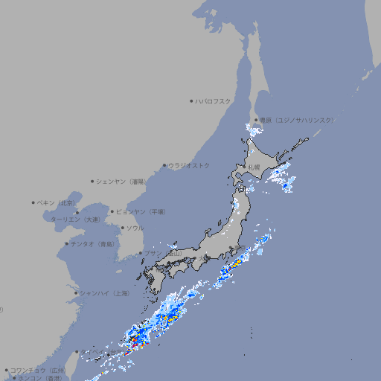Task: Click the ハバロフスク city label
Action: click(213, 100)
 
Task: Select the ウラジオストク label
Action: click(189, 165)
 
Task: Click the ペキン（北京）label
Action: click(57, 202)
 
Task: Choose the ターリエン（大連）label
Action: click(75, 220)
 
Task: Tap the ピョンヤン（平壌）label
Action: click(141, 211)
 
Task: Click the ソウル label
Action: click(135, 228)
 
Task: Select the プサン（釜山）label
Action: click(163, 254)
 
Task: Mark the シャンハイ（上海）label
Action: click(104, 293)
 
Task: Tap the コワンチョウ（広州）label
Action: click(37, 370)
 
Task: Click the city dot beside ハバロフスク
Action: click(191, 100)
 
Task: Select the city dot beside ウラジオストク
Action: click(164, 165)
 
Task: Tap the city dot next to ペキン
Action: click(33, 202)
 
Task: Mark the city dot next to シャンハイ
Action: click(76, 293)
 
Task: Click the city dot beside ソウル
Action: click(122, 228)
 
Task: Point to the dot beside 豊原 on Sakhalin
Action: click(256, 120)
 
